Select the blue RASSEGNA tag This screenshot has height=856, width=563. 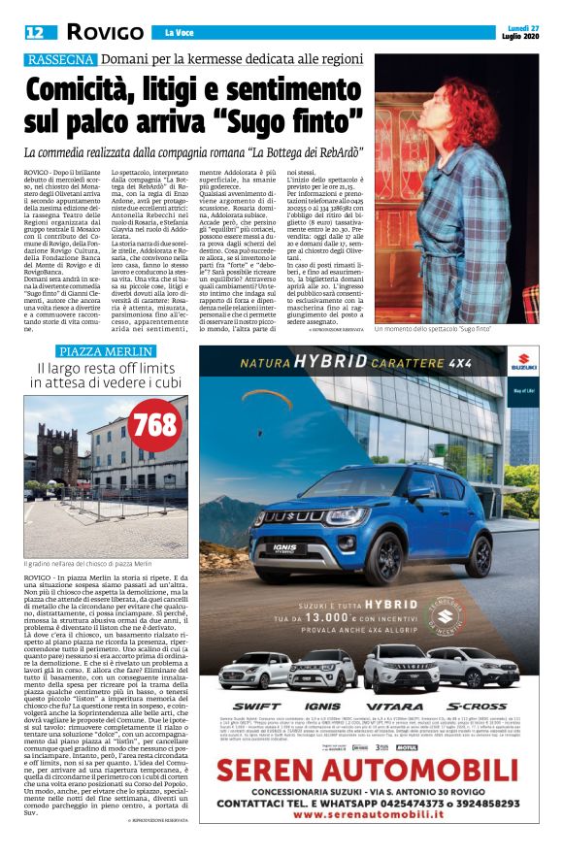[61, 59]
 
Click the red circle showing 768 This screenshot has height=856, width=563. [152, 425]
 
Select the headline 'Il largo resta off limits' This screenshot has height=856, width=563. [108, 369]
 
